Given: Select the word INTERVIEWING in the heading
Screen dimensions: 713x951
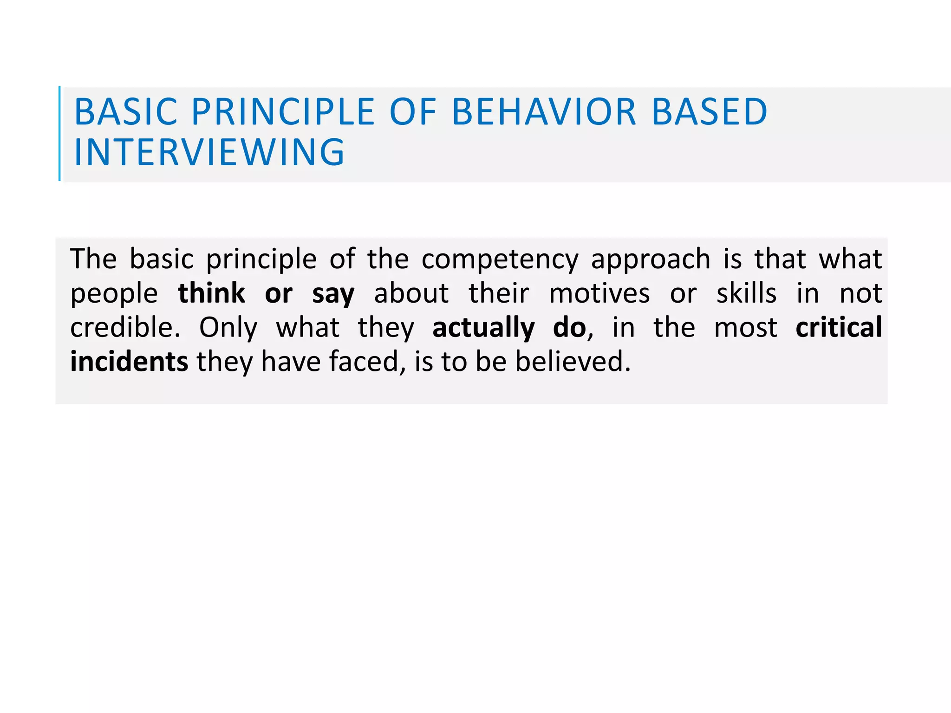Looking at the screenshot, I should tap(209, 152).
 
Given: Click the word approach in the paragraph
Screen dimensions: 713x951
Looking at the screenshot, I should tap(651, 260).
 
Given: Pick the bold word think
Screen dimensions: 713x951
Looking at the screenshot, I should tap(211, 293).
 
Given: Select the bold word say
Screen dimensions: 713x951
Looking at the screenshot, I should tap(333, 294).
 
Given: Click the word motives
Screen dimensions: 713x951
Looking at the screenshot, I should tap(599, 293).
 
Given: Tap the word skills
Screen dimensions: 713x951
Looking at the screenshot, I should tap(746, 293).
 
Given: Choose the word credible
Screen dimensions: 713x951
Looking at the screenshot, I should tap(125, 327).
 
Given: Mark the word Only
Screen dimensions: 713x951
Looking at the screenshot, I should tap(228, 328).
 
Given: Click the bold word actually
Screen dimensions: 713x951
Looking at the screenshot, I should tap(483, 328).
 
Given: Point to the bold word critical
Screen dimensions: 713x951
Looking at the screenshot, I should tap(839, 327).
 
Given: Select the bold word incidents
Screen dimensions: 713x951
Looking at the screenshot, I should tap(129, 362).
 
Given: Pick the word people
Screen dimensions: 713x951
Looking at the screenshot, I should tap(114, 294).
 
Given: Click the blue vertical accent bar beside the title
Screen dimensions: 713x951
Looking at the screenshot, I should tap(59, 133).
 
